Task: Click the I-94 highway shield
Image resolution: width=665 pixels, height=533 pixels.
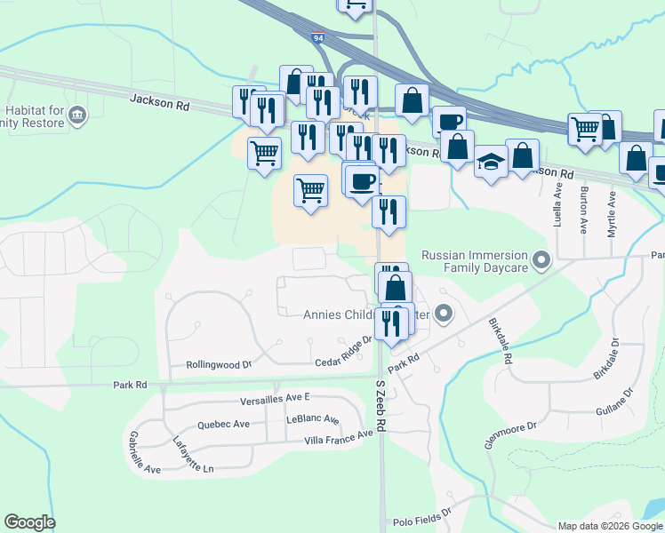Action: (x=318, y=39)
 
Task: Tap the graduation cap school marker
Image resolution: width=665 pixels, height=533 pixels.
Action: (x=491, y=163)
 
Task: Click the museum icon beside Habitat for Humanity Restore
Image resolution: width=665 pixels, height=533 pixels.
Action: (x=77, y=115)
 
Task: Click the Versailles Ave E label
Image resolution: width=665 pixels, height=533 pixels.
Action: (x=274, y=396)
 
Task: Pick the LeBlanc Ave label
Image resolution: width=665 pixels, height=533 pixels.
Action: (x=312, y=419)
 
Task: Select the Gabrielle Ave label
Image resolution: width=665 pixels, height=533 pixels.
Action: (x=143, y=453)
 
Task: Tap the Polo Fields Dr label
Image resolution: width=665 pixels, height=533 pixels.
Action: (x=422, y=513)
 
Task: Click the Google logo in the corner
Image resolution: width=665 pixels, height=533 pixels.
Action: (x=29, y=522)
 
